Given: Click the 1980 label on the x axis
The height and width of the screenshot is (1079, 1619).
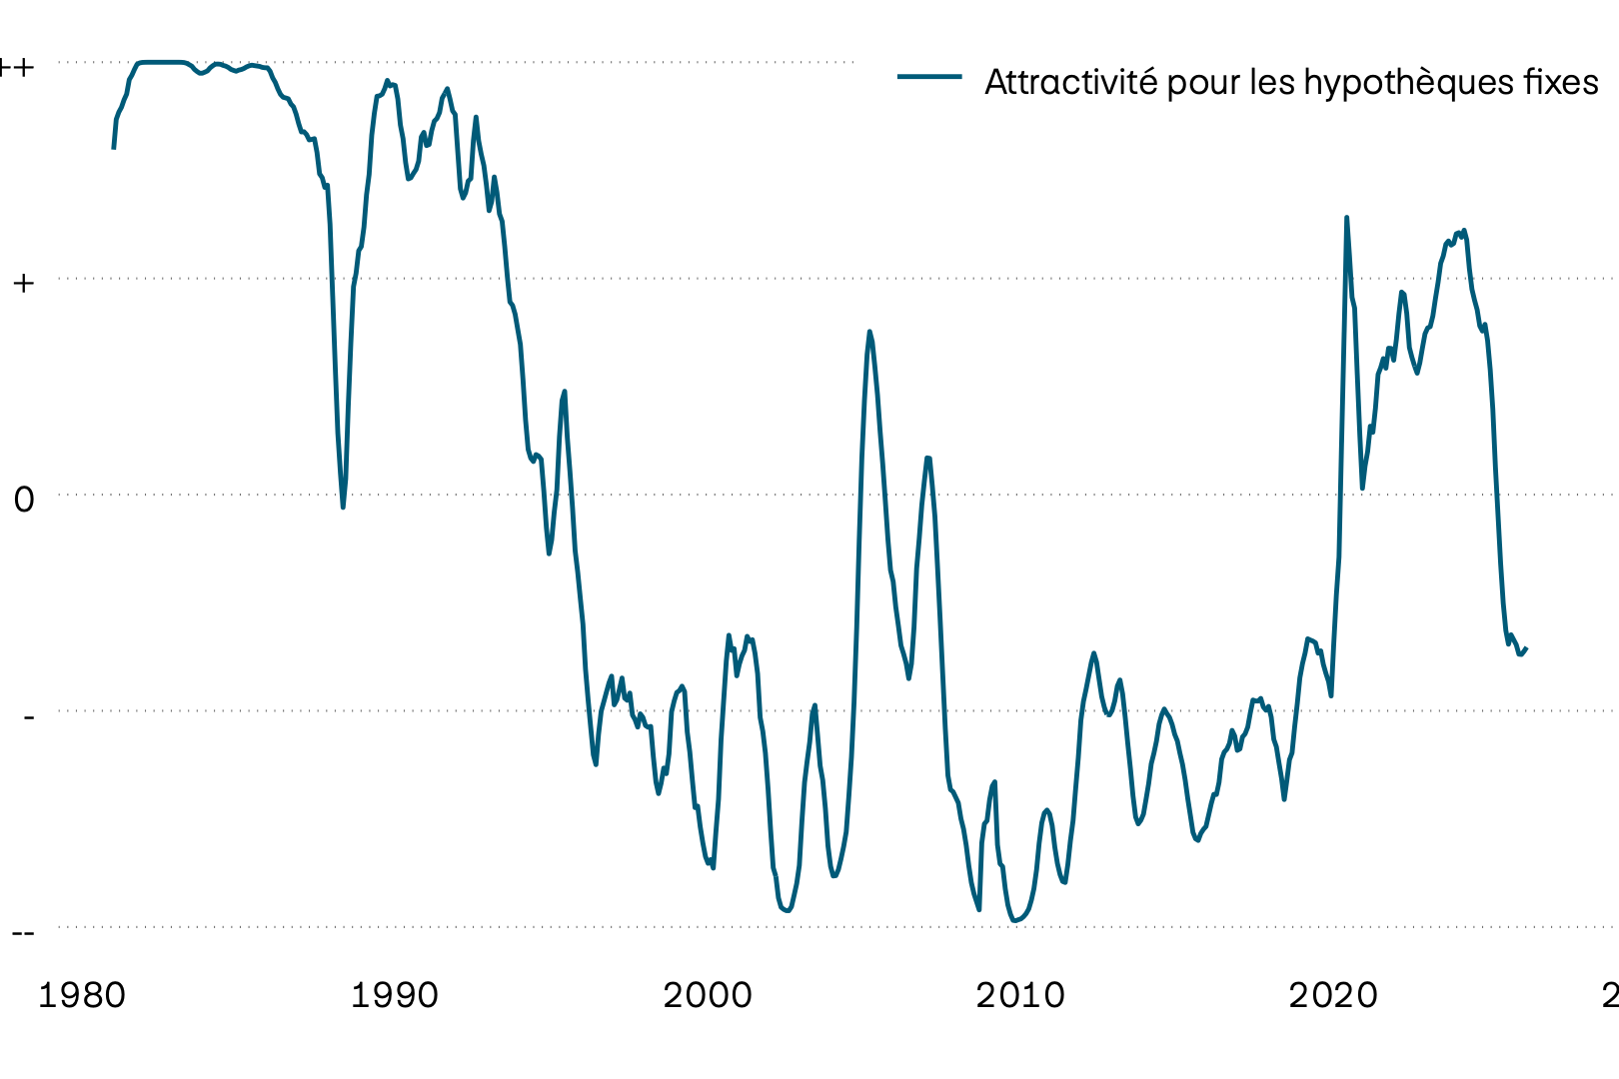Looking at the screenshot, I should click(81, 995).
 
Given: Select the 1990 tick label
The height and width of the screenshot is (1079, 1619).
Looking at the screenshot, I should click(394, 995).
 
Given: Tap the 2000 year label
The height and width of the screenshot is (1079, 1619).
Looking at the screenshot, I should click(708, 995).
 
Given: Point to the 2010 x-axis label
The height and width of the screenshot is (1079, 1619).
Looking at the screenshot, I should click(1020, 995).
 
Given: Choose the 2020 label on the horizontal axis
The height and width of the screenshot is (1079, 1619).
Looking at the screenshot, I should click(1333, 995).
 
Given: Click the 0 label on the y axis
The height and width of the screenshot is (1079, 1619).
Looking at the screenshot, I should click(24, 500).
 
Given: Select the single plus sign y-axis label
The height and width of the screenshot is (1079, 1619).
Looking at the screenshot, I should click(23, 283).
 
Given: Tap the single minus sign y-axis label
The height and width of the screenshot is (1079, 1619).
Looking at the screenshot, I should click(28, 715).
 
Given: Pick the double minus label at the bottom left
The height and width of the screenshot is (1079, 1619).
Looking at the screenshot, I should click(23, 932).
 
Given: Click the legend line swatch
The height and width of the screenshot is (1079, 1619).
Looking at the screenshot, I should click(929, 77).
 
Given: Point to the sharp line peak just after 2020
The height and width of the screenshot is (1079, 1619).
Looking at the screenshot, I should click(1346, 217).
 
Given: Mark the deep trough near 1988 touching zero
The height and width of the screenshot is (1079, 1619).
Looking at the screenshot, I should click(343, 508).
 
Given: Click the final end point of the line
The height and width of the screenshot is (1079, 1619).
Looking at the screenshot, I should click(1526, 648).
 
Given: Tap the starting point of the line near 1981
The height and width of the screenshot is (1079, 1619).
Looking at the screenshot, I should click(114, 148).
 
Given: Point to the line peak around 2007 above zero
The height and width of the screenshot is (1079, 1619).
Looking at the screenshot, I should click(927, 458).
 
